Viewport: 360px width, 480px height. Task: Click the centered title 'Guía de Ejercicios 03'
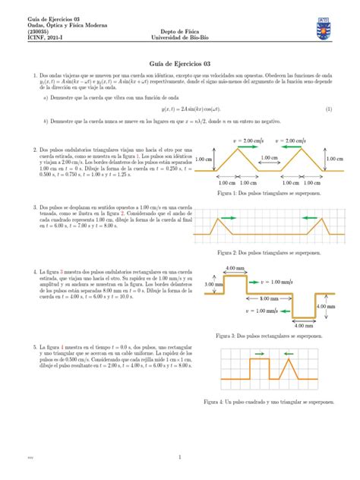tap(179, 65)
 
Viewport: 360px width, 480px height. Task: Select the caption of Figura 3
tap(266, 334)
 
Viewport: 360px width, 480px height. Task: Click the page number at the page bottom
tap(179, 457)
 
